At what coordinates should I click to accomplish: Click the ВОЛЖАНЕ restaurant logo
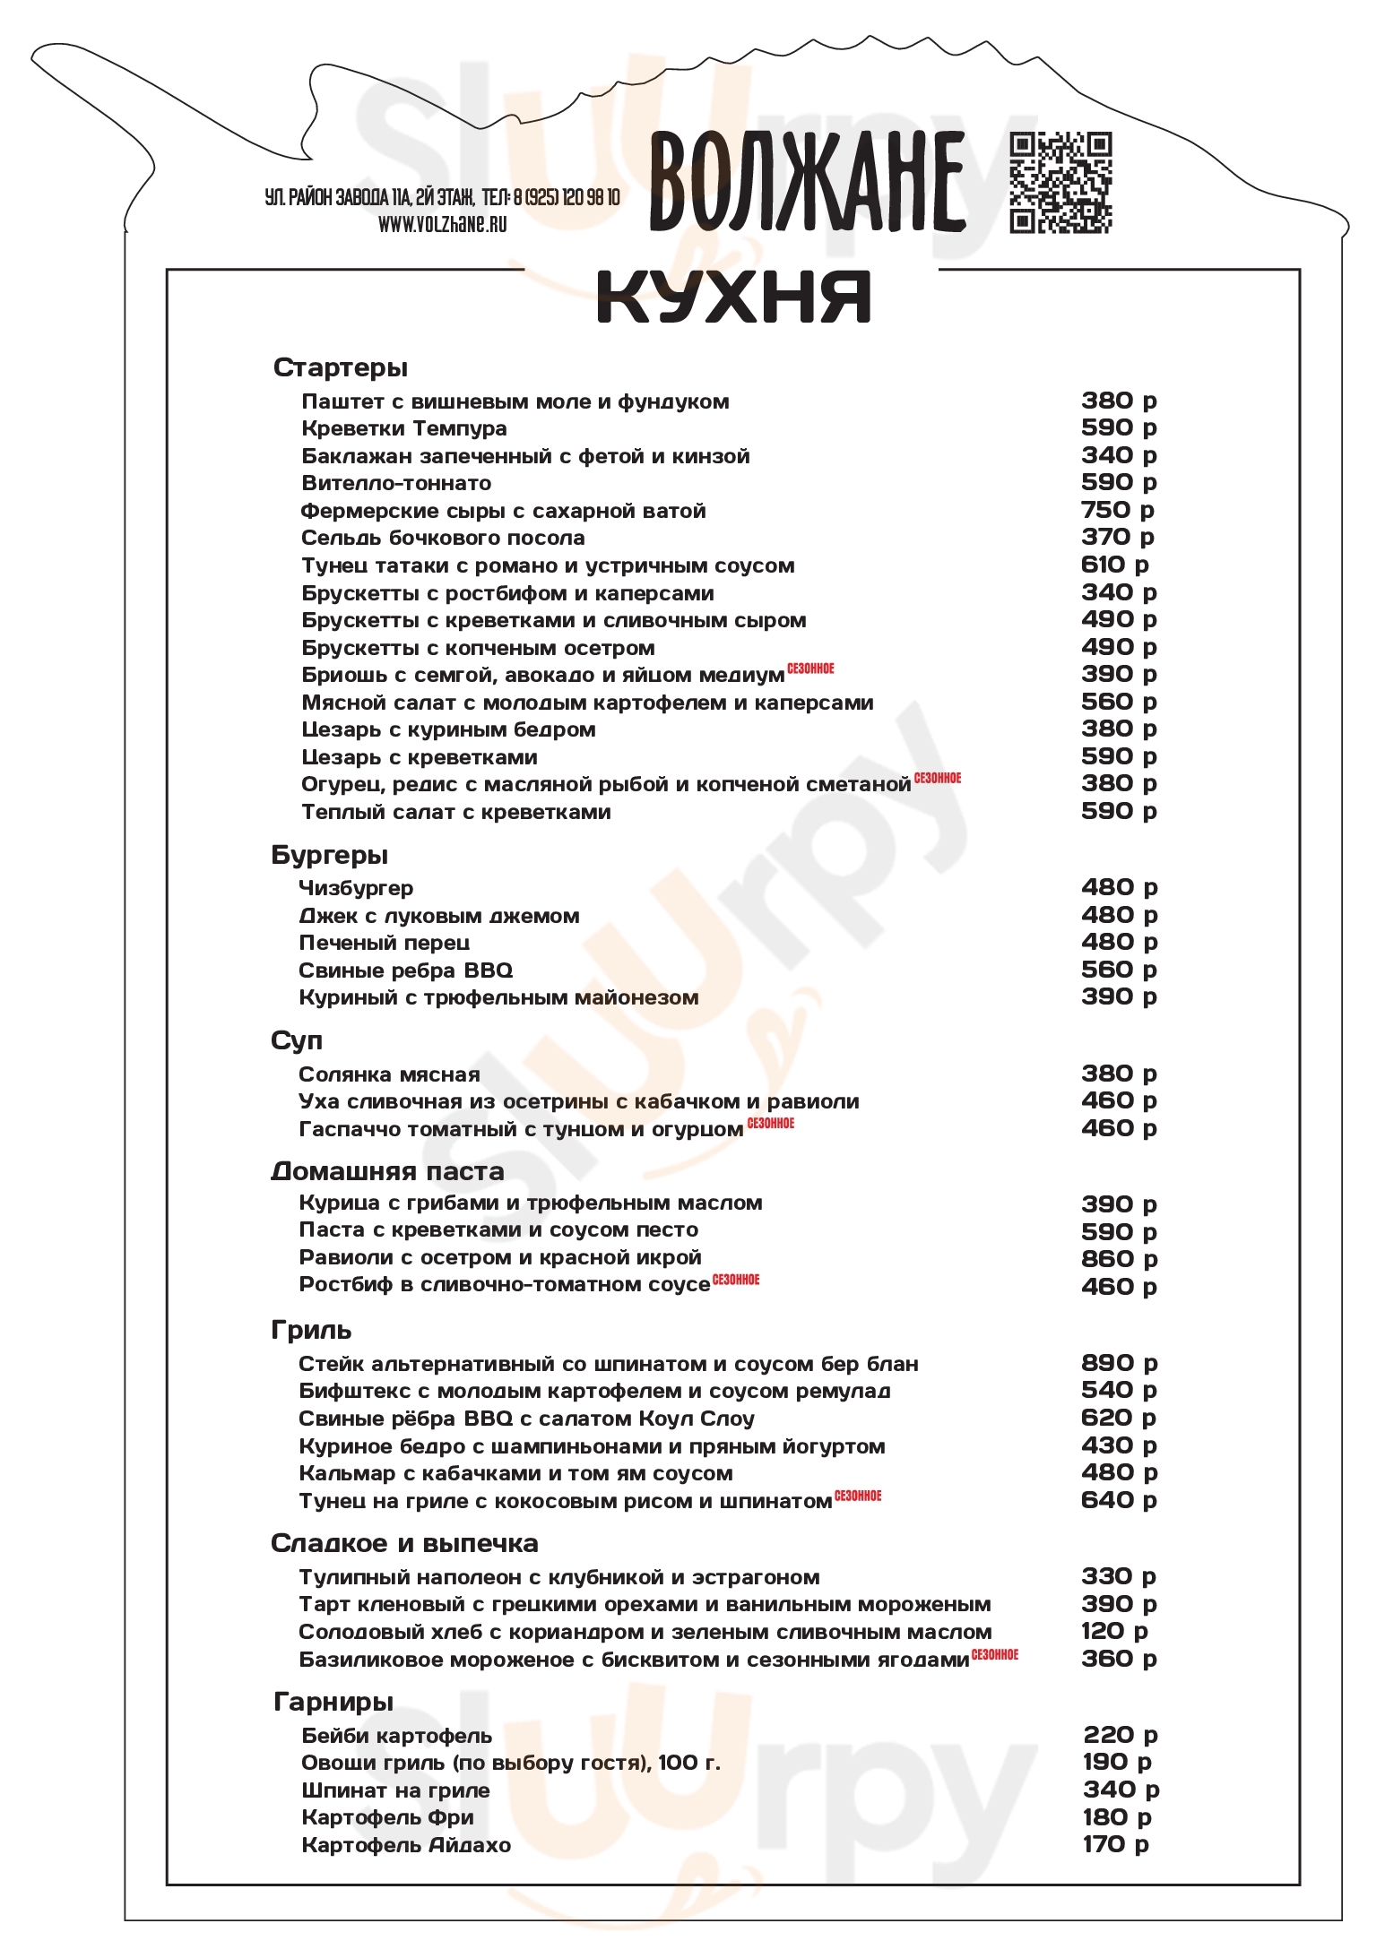coord(807,181)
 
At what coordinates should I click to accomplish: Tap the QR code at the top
coord(1060,183)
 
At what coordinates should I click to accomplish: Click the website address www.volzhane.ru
coord(442,224)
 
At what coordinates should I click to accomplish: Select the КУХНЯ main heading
coord(733,298)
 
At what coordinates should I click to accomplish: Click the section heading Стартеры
coord(340,367)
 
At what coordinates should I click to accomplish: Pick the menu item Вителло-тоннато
coord(396,484)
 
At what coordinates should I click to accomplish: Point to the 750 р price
coord(1117,510)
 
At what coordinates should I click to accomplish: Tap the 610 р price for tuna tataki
coord(1114,565)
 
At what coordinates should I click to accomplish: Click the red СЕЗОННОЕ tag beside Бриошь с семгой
coord(810,668)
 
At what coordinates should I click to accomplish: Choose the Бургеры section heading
coord(329,855)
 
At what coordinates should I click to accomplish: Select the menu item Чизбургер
coord(356,888)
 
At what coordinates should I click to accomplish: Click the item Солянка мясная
coord(389,1074)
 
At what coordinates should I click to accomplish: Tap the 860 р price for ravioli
coord(1119,1259)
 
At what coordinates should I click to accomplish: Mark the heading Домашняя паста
coord(387,1171)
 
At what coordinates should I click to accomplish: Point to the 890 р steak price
coord(1119,1363)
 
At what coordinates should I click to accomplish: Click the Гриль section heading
coord(311,1330)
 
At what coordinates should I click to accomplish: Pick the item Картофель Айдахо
coord(406,1845)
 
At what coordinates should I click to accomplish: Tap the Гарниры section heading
coord(333,1701)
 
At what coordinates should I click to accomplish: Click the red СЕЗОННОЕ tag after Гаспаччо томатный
coord(771,1123)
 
